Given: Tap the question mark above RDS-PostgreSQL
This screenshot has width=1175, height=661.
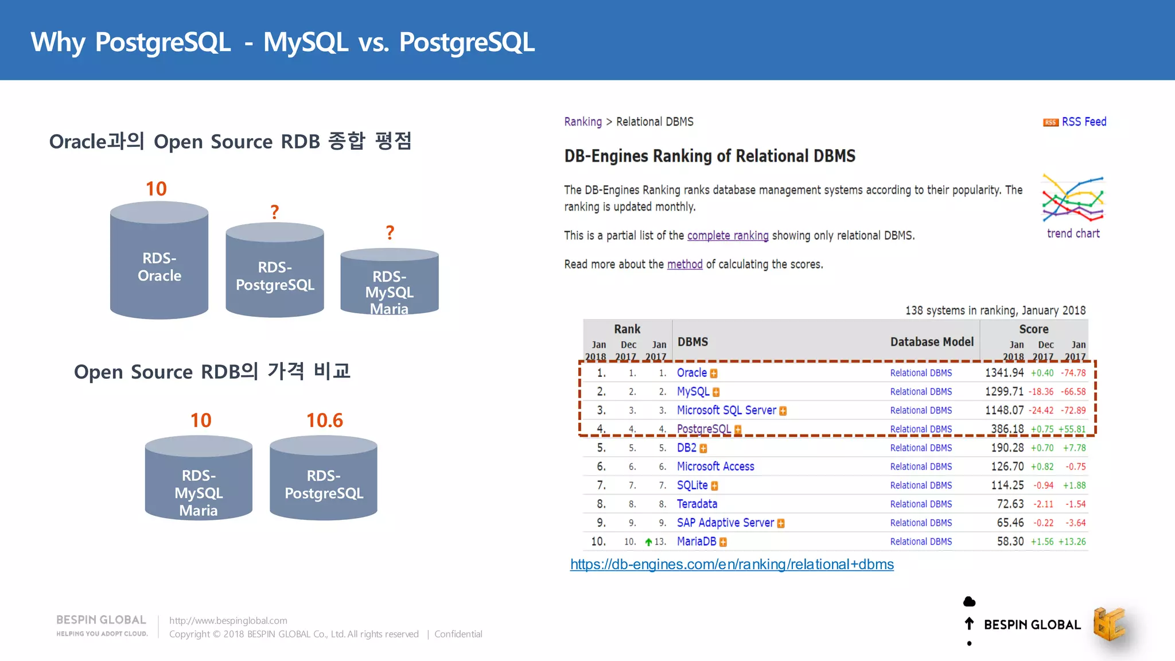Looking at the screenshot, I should tap(275, 212).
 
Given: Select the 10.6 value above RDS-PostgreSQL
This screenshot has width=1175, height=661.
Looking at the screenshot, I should tap(324, 421).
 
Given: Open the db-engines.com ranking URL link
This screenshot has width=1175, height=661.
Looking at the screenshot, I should tap(732, 565).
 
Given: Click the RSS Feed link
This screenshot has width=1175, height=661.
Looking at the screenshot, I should tap(1083, 122).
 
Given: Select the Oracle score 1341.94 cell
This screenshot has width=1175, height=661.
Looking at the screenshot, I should tap(1004, 373).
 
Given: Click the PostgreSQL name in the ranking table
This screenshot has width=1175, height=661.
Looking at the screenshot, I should tap(703, 429).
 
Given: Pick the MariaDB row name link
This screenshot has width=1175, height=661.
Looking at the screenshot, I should tap(697, 542).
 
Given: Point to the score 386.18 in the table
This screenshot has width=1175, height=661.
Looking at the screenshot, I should tap(1007, 429).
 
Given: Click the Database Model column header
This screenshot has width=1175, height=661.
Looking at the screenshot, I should tap(932, 342).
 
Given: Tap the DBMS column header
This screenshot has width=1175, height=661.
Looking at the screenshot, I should tap(692, 342).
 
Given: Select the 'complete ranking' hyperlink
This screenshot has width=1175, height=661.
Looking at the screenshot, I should tap(727, 236).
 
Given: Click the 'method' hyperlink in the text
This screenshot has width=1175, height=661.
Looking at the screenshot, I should tap(684, 265).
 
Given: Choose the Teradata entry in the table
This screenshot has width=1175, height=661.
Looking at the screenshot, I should tap(697, 504).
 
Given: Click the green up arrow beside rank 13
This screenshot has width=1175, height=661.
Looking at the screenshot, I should tap(648, 542).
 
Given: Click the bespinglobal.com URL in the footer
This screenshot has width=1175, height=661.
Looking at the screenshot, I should tap(228, 621).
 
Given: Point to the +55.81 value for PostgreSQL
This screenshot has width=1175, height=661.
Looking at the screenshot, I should tap(1072, 429).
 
